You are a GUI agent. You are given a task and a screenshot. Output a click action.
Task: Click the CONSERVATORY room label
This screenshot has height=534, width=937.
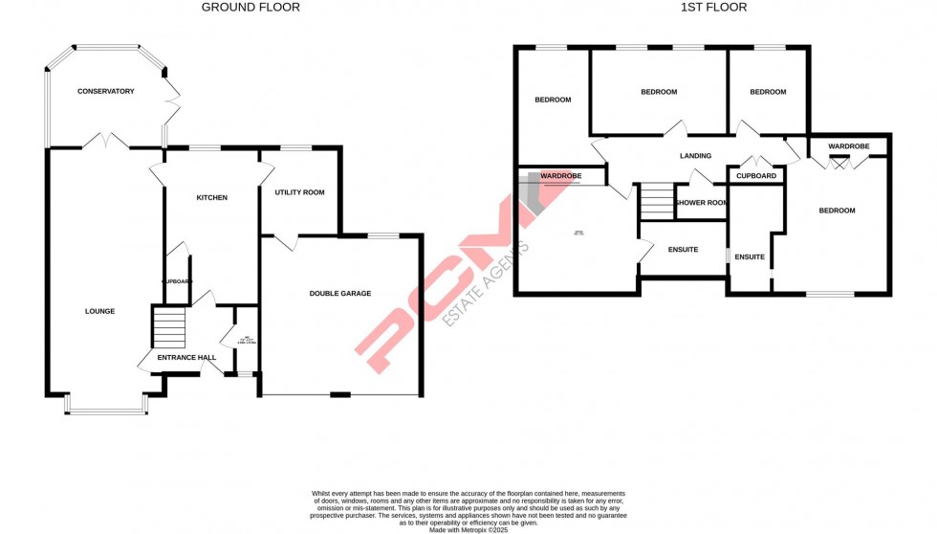105,92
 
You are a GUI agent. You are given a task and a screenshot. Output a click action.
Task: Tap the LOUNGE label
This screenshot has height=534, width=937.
99,311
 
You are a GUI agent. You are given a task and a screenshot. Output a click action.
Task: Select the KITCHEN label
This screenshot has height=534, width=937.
211,198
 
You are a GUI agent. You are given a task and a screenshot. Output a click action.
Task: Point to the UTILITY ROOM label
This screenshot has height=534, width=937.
299,192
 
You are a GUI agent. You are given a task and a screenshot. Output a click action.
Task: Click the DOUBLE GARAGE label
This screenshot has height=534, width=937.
339,294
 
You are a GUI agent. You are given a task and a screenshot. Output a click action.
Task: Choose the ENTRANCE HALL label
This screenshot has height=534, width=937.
186,358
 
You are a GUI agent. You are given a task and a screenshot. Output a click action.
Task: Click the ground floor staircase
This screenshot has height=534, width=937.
169,327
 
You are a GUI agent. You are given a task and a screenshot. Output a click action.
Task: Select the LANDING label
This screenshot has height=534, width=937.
695,156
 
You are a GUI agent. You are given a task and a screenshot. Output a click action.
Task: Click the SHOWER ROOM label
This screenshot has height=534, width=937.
702,203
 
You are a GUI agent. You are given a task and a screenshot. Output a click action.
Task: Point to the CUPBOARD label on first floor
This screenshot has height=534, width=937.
756,176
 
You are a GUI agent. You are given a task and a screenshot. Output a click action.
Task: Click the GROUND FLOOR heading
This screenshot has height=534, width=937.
251,8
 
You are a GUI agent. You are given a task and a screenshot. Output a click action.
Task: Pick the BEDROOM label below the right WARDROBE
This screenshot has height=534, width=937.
837,211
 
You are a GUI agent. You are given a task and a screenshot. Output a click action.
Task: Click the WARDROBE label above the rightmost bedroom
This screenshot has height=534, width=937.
849,146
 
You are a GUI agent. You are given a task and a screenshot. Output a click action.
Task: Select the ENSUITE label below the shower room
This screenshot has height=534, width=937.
683,250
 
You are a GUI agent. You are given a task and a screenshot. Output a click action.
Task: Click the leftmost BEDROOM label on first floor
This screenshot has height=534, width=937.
553,100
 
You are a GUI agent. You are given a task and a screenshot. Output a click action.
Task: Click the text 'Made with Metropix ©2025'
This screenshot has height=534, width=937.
468,529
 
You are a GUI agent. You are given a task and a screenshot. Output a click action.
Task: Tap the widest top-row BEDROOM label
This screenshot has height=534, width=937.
659,92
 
